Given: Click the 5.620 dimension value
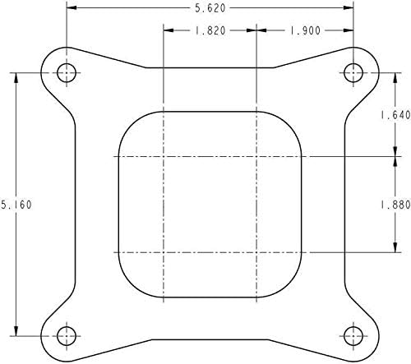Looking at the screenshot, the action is [x=210, y=8].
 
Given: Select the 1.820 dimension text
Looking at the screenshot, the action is [x=210, y=30].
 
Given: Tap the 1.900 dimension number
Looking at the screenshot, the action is [x=305, y=30].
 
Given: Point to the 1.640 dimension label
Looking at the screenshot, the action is [x=395, y=115].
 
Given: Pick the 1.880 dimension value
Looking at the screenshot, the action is [x=395, y=205].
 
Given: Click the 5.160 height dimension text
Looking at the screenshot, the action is [x=16, y=205].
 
